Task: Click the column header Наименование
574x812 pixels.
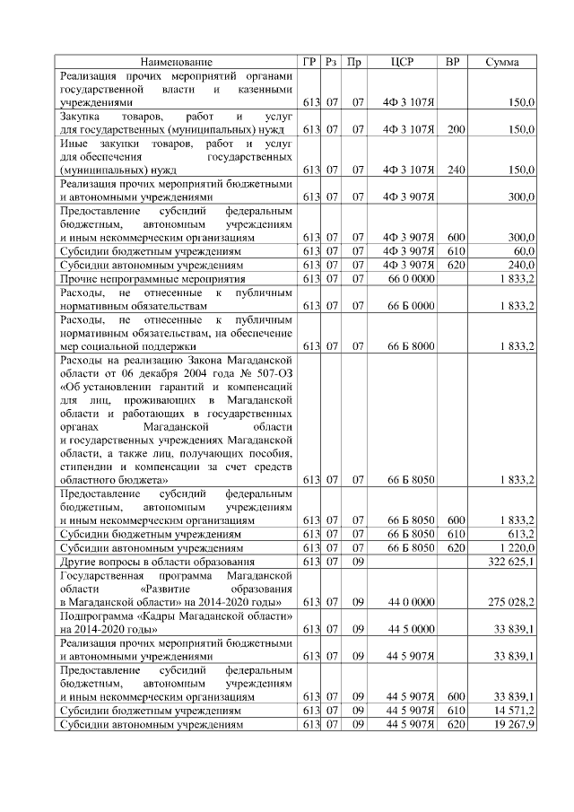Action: click(x=177, y=62)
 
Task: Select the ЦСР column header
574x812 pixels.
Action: click(x=403, y=62)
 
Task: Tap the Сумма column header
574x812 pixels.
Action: click(x=504, y=62)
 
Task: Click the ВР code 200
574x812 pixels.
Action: click(x=456, y=130)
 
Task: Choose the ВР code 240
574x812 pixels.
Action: click(x=456, y=170)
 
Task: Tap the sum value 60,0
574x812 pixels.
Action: click(x=524, y=252)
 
